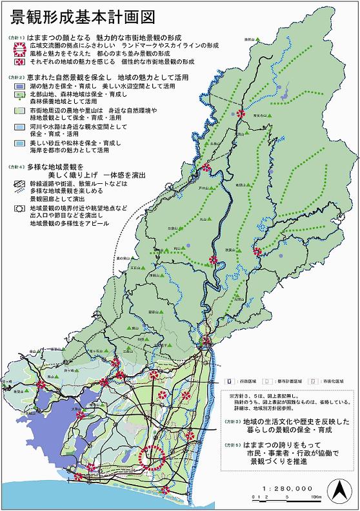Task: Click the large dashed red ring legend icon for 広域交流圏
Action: point(17,46)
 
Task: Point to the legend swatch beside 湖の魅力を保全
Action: point(19,86)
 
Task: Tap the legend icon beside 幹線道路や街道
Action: point(19,184)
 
